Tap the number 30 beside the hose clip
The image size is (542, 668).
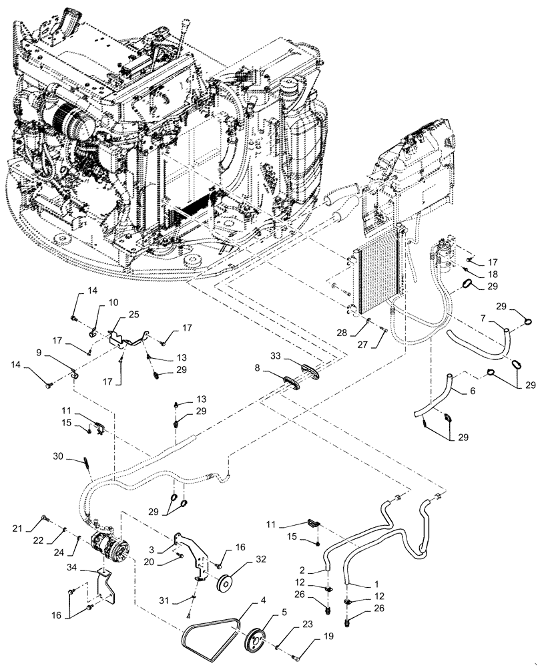59,456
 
